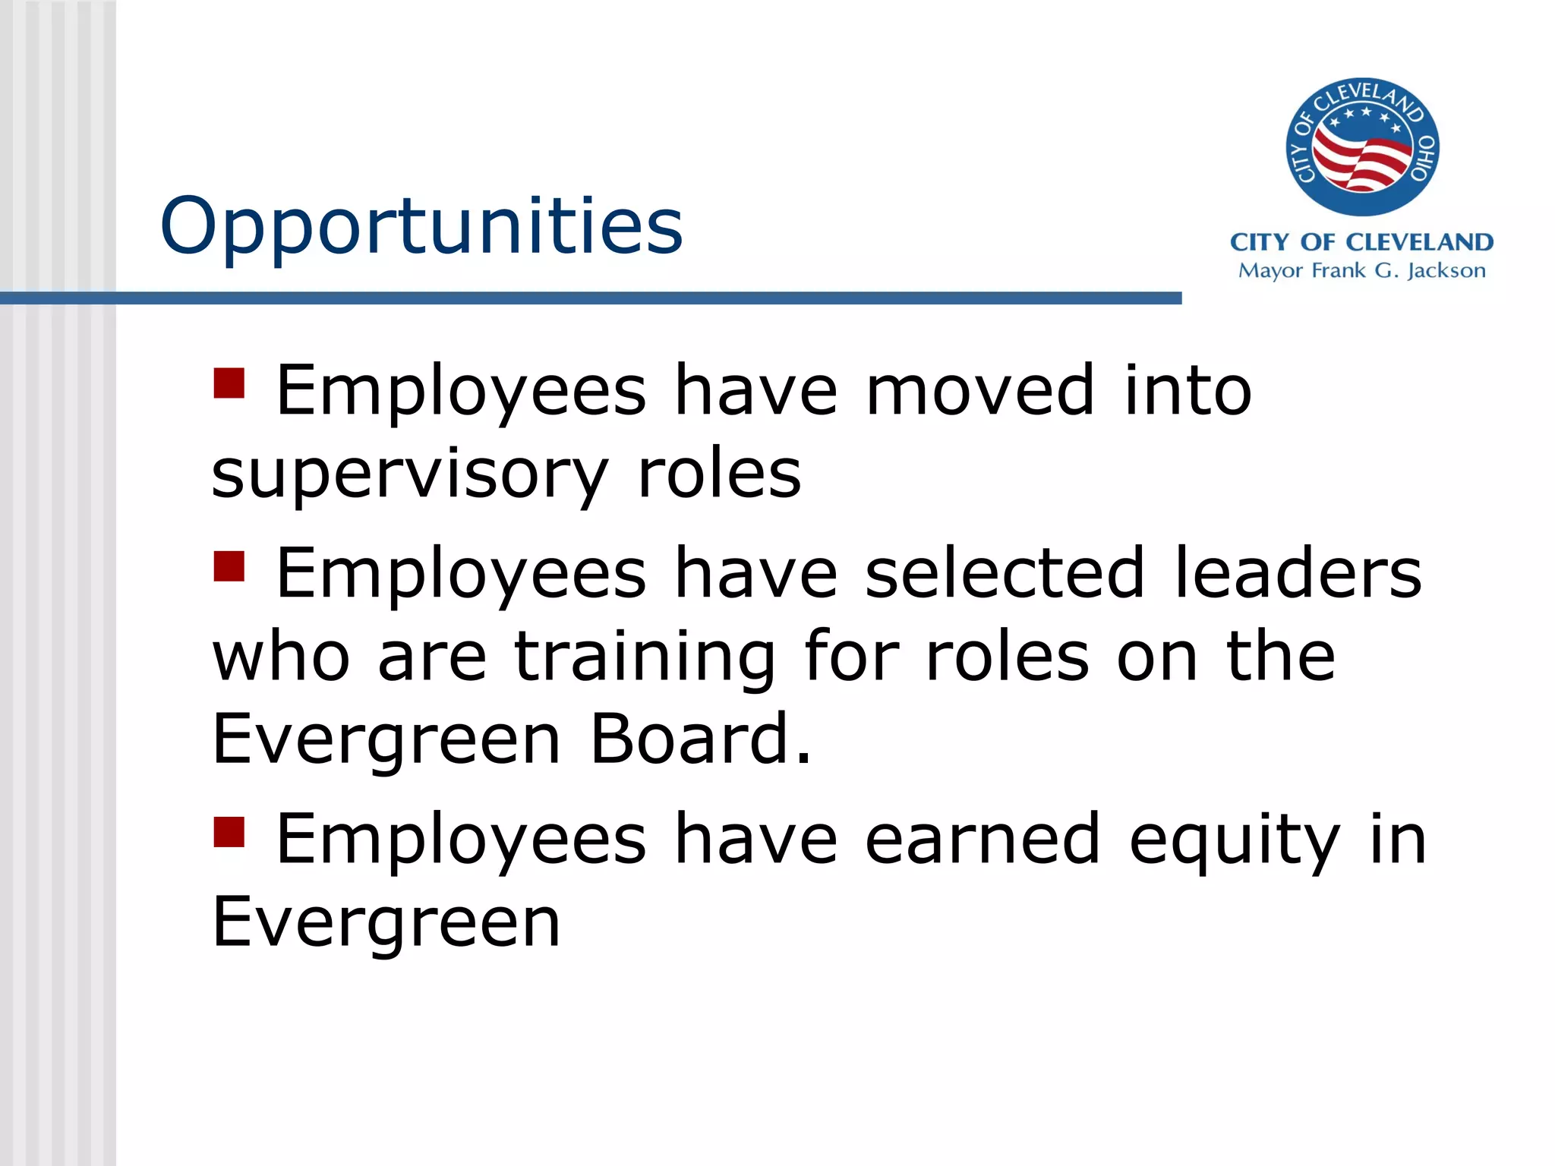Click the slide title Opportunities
(x=421, y=225)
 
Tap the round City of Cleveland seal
(x=1362, y=147)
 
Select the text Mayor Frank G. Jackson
(x=1361, y=270)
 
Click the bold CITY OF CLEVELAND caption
(x=1361, y=242)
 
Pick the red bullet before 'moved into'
(x=229, y=383)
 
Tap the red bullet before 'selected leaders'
(x=229, y=566)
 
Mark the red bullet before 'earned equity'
(x=229, y=832)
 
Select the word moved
(x=980, y=390)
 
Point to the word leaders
(x=1298, y=573)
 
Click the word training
(x=645, y=657)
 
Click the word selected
(x=1005, y=573)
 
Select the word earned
(x=983, y=839)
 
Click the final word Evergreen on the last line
(x=386, y=923)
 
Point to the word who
(x=281, y=656)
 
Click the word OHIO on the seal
(x=1422, y=158)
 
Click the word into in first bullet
(x=1188, y=390)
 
